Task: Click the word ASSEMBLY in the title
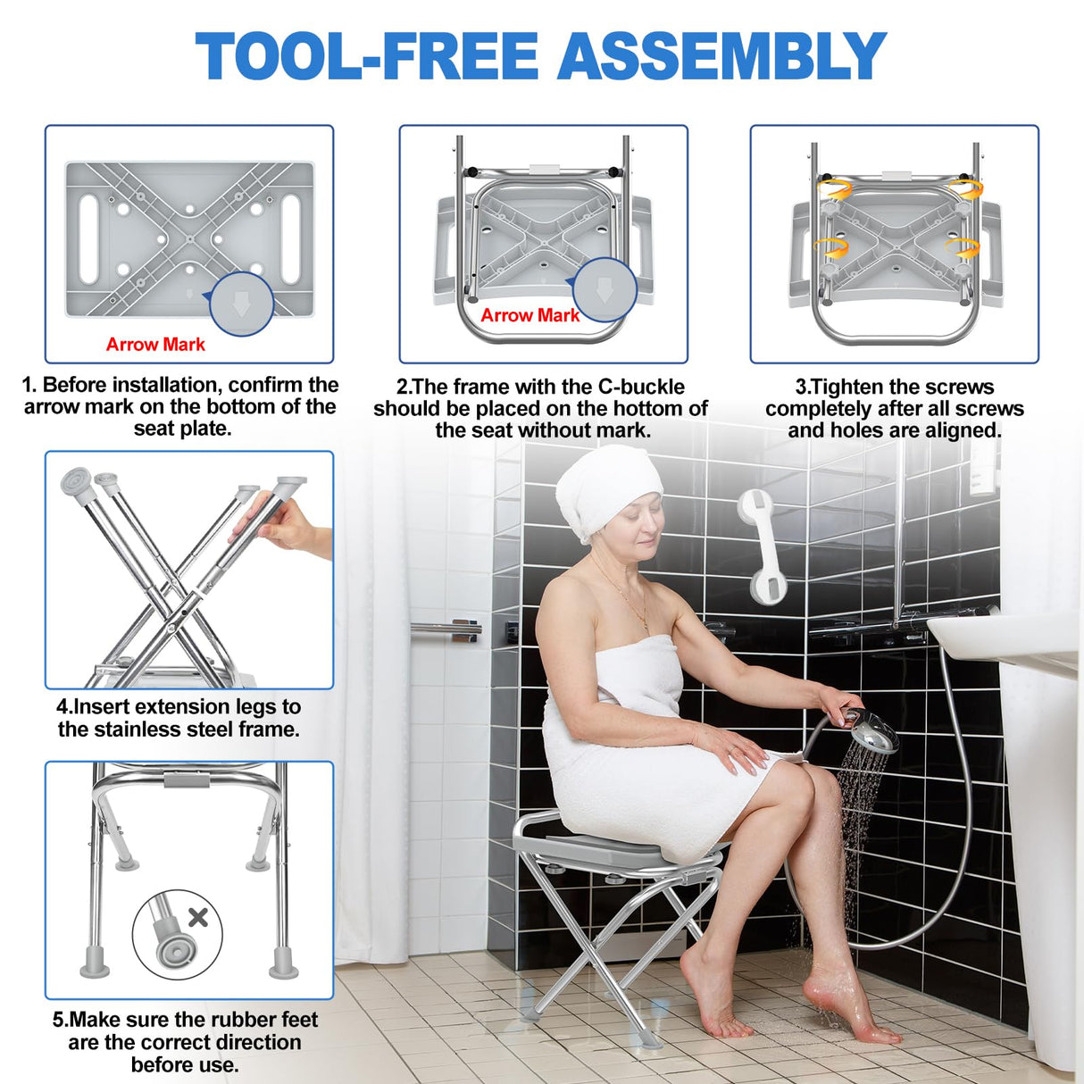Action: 721,56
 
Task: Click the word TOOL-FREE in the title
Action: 367,56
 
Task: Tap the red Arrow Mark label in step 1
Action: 155,345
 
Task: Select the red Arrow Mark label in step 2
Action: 529,315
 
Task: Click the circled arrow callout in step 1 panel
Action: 241,304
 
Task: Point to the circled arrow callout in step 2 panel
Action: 605,289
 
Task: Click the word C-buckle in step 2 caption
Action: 641,387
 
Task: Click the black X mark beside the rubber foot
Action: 198,917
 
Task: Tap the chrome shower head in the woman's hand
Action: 871,732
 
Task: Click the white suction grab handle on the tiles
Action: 760,545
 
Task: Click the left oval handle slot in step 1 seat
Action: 88,238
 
